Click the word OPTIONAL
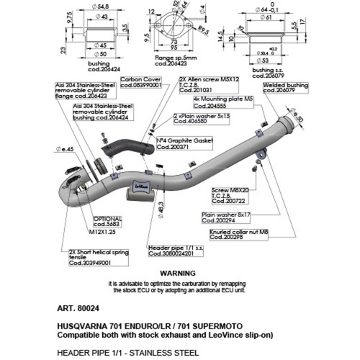(x=107, y=217)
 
